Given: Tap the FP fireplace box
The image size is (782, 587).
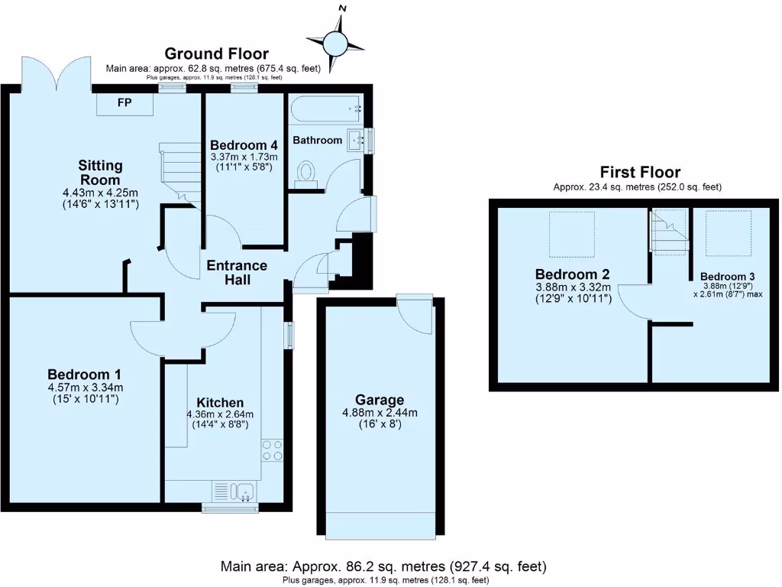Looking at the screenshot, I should (124, 103).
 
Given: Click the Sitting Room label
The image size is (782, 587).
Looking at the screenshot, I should (101, 172).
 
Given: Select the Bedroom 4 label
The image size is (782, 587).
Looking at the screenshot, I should (244, 145).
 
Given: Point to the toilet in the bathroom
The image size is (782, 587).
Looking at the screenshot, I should (307, 172).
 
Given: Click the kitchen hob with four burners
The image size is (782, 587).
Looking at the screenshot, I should (272, 449).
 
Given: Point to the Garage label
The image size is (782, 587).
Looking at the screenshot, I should (380, 400).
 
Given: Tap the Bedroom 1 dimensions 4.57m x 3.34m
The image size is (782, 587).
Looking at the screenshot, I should (85, 387).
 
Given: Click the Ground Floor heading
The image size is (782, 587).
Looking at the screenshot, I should (217, 54).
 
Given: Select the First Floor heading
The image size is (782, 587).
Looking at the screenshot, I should (640, 172).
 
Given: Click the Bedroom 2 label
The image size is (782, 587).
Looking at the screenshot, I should (573, 274).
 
